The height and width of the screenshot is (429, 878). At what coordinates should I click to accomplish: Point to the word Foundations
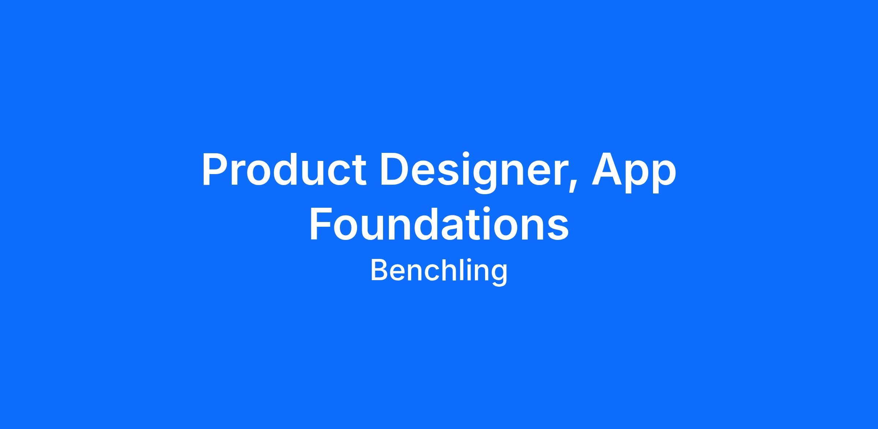click(439, 223)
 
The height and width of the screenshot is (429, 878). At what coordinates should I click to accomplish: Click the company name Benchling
click(439, 271)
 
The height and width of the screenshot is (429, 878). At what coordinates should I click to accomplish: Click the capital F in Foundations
click(321, 223)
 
